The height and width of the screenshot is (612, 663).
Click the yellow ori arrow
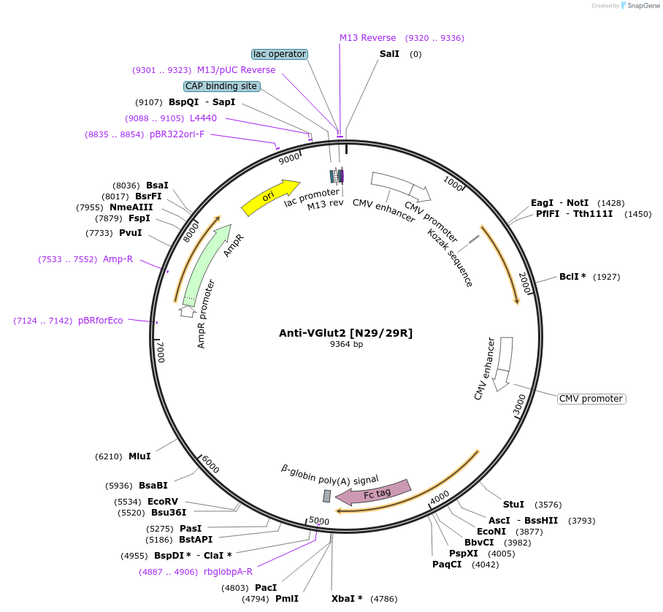pos(269,197)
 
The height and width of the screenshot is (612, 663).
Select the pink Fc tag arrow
pos(373,491)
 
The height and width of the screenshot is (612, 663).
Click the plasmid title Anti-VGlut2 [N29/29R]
pos(345,333)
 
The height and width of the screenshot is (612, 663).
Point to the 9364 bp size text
pos(346,344)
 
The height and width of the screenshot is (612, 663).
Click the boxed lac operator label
pos(280,54)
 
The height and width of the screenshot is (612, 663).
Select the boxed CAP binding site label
pos(221,86)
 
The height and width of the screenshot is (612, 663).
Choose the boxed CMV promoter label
pos(591,399)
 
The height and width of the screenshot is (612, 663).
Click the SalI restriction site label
pos(389,54)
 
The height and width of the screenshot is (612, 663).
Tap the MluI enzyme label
pos(139,456)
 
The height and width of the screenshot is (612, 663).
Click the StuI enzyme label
pos(513,505)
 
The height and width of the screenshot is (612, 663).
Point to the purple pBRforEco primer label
pos(101,321)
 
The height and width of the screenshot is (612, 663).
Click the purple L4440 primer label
pos(203,118)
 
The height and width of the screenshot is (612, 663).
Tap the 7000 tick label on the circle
pos(162,351)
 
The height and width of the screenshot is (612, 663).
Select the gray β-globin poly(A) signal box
pos(327,496)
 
